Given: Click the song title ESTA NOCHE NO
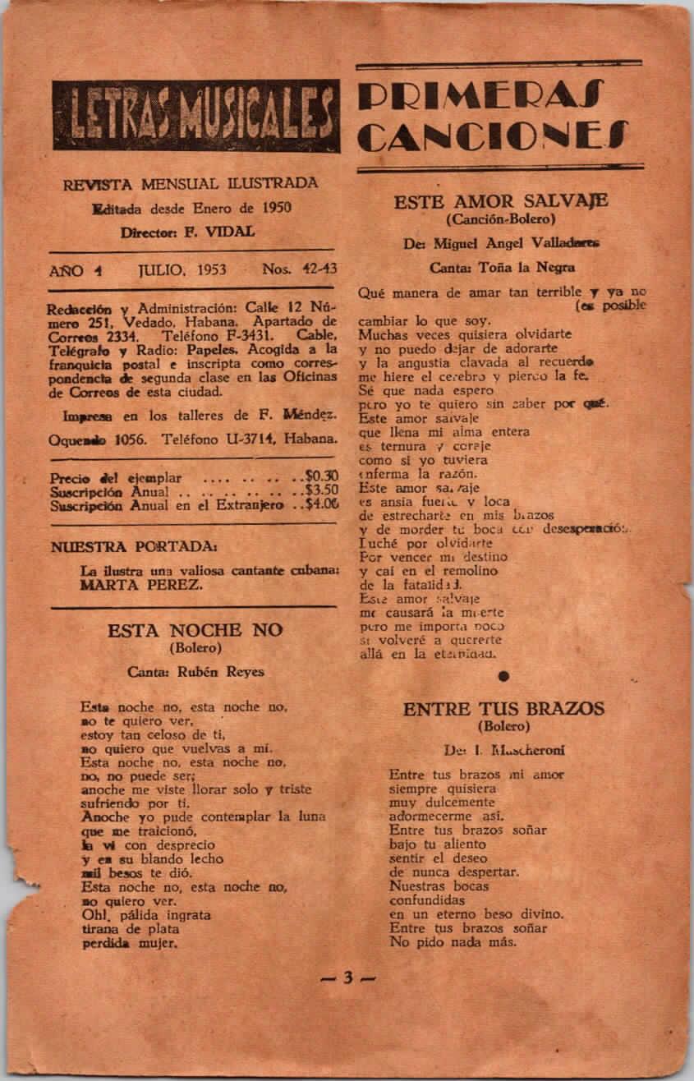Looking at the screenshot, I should [x=195, y=630].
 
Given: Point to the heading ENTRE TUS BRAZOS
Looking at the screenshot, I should [x=503, y=708].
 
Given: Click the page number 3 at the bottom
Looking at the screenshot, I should [x=347, y=977].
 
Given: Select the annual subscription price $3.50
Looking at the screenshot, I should [x=320, y=491].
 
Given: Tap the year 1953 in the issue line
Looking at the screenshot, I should [x=209, y=269].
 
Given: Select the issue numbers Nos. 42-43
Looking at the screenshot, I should [x=299, y=269].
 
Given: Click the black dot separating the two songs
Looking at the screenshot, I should [x=503, y=675].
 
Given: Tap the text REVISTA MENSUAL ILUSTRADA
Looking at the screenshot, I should [x=191, y=183].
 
